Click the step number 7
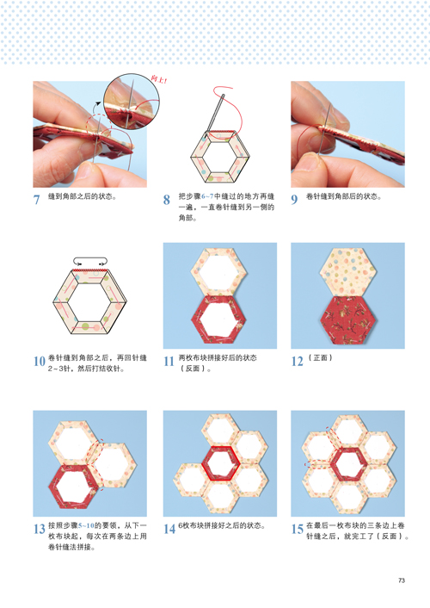tap(36, 199)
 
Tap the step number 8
tap(167, 199)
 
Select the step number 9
tap(294, 199)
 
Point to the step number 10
tap(40, 361)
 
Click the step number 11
tap(169, 361)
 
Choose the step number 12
tap(297, 361)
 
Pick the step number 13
tap(40, 529)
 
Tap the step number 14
tap(169, 529)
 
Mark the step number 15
tap(297, 529)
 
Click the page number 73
tap(402, 580)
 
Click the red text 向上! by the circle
tap(159, 79)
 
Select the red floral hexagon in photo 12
tap(348, 320)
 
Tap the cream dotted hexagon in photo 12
tap(348, 271)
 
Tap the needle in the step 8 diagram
tap(215, 113)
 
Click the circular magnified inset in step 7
tap(132, 102)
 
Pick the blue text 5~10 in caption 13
tap(86, 526)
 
